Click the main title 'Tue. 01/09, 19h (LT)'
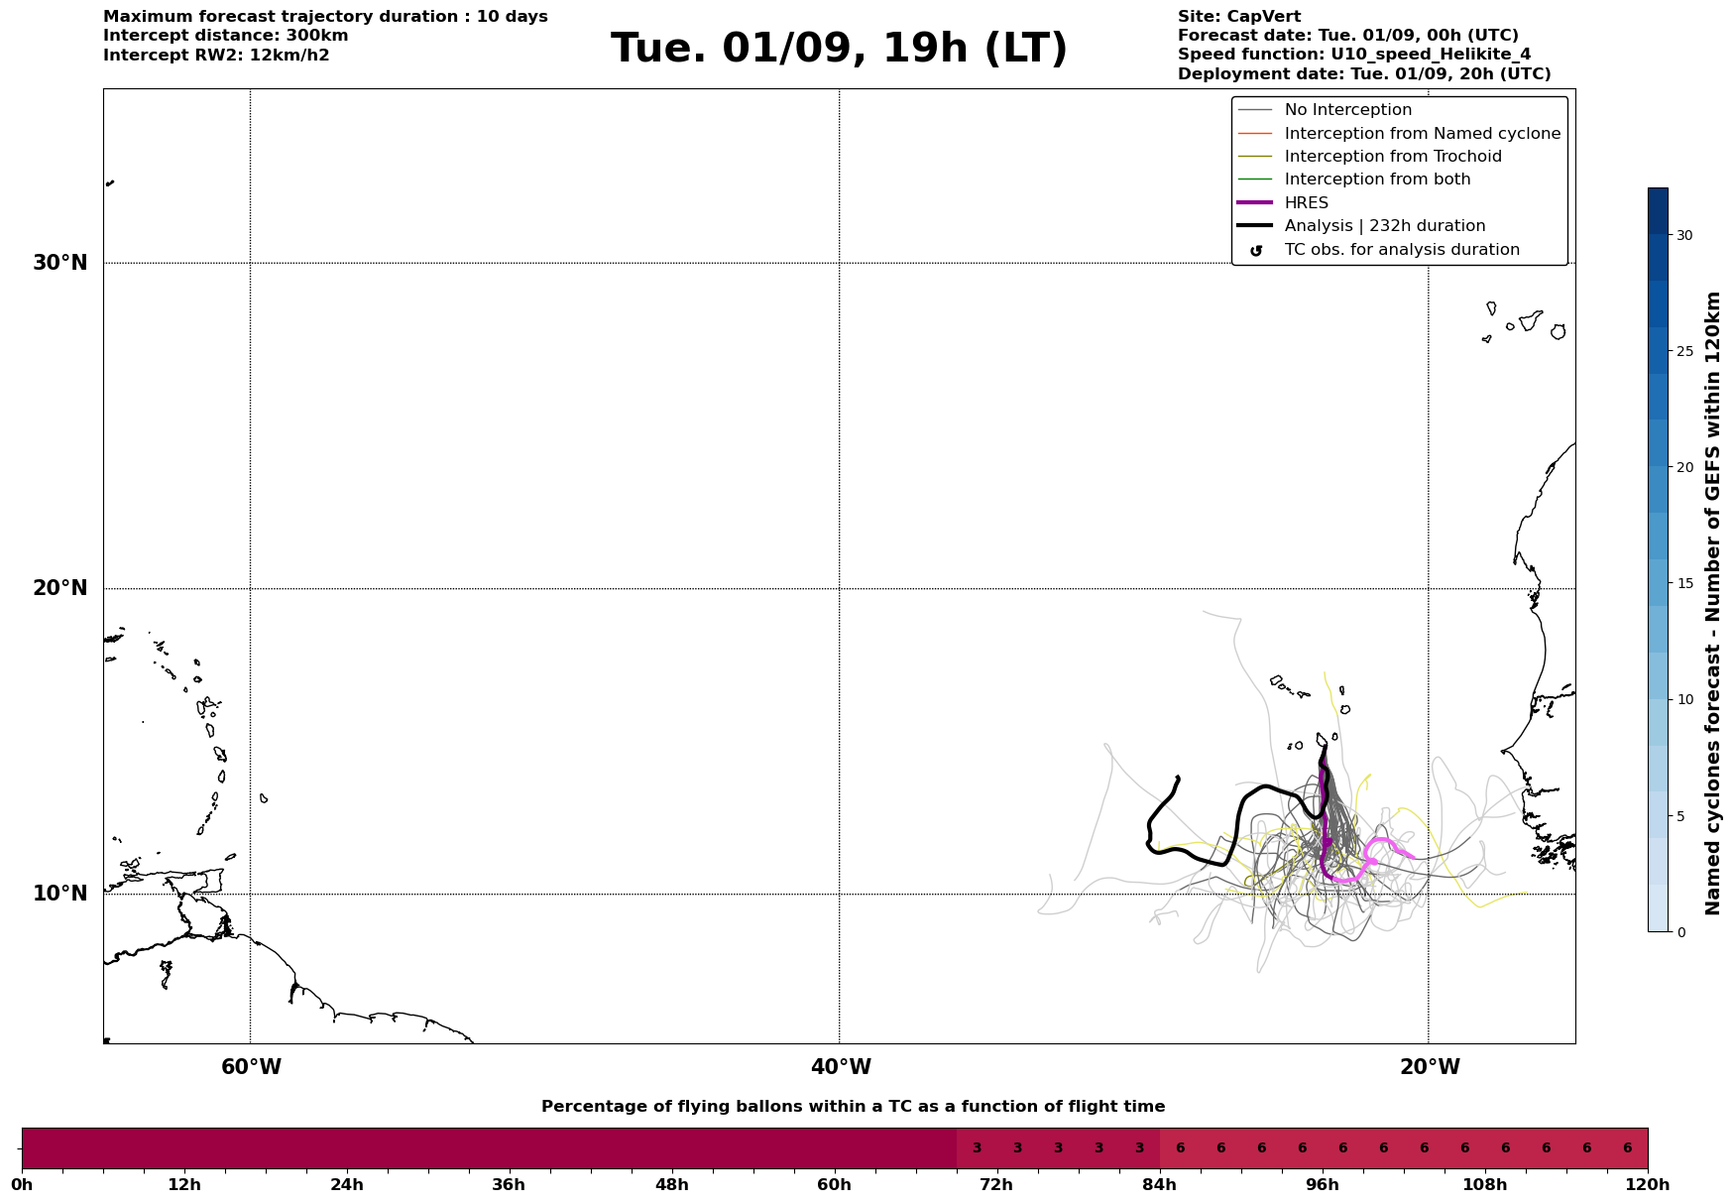pos(839,49)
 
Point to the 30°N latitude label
pos(60,263)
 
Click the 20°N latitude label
pos(60,588)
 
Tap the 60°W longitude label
pos(251,1067)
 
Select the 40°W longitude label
pos(841,1067)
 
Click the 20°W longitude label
pos(1430,1067)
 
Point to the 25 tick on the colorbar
pos(1684,351)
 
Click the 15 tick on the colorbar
pos(1684,583)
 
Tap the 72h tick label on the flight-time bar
pos(996,1185)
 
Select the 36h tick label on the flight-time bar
pos(509,1185)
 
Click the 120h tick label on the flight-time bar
pos(1648,1185)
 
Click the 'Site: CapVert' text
pos(1239,17)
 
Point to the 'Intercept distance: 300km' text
pos(226,36)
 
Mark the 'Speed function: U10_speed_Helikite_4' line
pos(1354,55)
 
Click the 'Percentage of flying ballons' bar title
pos(853,1107)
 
